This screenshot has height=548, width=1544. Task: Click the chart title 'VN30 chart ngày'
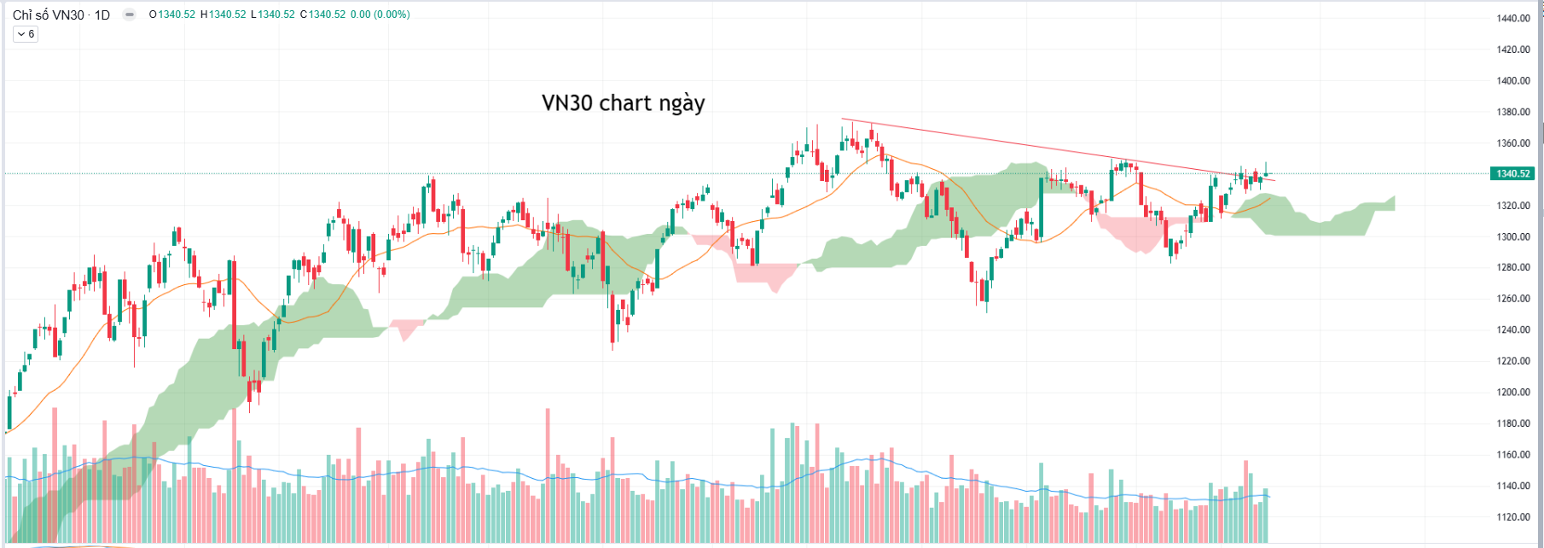click(x=623, y=103)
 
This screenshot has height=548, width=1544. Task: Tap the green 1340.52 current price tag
click(x=1512, y=174)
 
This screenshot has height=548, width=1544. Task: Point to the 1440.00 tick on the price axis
click(x=1512, y=19)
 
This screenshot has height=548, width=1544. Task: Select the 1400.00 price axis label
click(x=1512, y=81)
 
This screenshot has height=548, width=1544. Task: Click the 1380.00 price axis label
click(x=1512, y=112)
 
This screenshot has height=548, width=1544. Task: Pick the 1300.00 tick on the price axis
click(x=1512, y=236)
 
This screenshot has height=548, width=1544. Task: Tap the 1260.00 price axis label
click(x=1512, y=299)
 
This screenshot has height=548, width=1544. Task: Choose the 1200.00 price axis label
click(x=1512, y=393)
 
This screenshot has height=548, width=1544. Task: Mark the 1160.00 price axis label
click(x=1512, y=455)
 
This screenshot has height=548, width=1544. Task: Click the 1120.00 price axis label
click(x=1512, y=517)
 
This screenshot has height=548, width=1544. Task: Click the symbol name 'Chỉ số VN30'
click(x=48, y=15)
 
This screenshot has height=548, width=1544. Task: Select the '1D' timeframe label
click(x=102, y=15)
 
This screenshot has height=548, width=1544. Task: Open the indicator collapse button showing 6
click(x=26, y=34)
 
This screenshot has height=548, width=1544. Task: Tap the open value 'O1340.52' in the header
click(x=172, y=15)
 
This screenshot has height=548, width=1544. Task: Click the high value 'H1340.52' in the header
click(x=223, y=15)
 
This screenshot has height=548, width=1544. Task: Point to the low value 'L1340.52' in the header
click(x=273, y=15)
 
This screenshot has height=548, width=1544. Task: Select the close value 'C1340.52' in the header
click(x=323, y=15)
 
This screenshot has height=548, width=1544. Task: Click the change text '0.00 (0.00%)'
click(x=380, y=15)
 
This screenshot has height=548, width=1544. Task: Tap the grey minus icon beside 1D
click(x=129, y=15)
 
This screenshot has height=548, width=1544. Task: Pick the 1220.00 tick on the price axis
click(x=1512, y=361)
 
